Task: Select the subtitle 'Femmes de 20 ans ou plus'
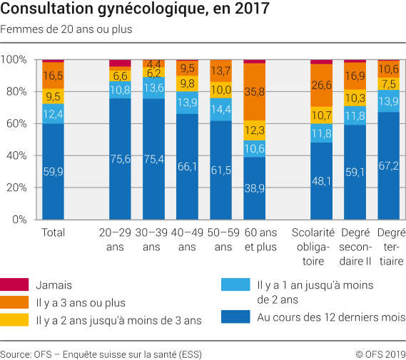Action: (x=66, y=30)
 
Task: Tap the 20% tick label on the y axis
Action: (x=14, y=187)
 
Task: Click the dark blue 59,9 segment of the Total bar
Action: (x=53, y=171)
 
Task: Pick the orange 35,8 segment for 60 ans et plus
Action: (x=255, y=92)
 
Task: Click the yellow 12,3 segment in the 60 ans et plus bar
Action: (x=255, y=130)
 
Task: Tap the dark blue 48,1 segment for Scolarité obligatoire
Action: (x=322, y=181)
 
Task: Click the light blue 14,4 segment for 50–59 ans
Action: (x=221, y=110)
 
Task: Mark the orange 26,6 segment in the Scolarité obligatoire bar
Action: (x=322, y=86)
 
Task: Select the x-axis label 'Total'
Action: (x=54, y=232)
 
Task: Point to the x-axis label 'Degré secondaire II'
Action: (x=355, y=247)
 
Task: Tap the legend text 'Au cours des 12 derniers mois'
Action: (x=330, y=317)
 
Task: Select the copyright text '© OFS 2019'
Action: (x=380, y=353)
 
